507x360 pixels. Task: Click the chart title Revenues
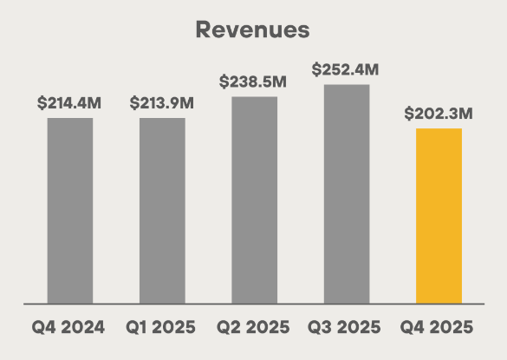pyautogui.click(x=252, y=29)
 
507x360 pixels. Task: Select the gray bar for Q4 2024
pyautogui.click(x=70, y=211)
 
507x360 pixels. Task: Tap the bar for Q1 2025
pyautogui.click(x=162, y=211)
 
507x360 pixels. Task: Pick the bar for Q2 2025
pyautogui.click(x=255, y=200)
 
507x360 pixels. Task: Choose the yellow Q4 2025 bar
pyautogui.click(x=439, y=216)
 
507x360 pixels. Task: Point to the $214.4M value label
pyautogui.click(x=70, y=102)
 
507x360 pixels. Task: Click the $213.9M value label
pyautogui.click(x=162, y=102)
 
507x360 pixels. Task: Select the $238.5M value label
pyautogui.click(x=255, y=82)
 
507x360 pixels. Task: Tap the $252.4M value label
pyautogui.click(x=347, y=69)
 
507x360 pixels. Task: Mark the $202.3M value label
pyautogui.click(x=439, y=114)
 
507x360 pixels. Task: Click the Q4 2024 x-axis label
pyautogui.click(x=70, y=328)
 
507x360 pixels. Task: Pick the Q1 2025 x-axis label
pyautogui.click(x=162, y=328)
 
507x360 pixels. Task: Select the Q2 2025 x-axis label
pyautogui.click(x=255, y=328)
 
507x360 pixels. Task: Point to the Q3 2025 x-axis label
pyautogui.click(x=347, y=328)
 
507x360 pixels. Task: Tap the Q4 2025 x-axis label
pyautogui.click(x=439, y=328)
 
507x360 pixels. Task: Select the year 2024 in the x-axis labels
pyautogui.click(x=84, y=328)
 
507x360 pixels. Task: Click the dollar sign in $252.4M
pyautogui.click(x=317, y=69)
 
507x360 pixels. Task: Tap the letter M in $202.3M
pyautogui.click(x=466, y=114)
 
